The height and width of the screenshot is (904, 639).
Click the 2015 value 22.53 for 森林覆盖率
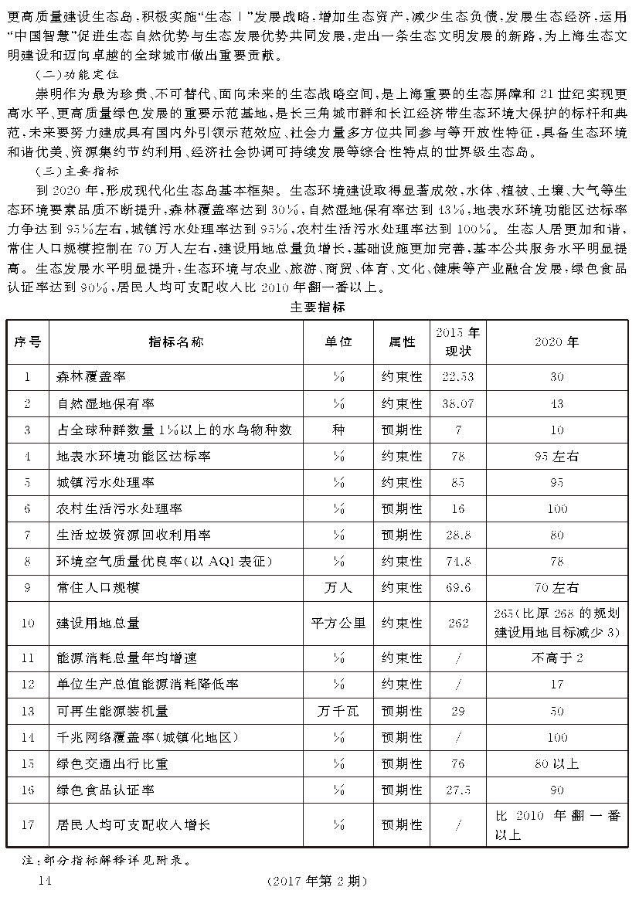coord(457,377)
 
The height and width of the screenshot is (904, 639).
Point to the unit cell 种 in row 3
coord(338,430)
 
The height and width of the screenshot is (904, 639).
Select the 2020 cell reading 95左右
coord(556,456)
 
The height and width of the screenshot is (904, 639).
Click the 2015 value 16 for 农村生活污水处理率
coord(457,508)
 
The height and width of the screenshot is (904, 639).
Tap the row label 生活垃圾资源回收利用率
coord(134,535)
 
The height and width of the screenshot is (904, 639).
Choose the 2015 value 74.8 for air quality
coord(457,561)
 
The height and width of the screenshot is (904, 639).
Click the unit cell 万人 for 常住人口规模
coord(338,588)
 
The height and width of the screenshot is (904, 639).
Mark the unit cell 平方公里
coord(338,623)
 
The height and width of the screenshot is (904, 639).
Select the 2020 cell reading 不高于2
coord(556,658)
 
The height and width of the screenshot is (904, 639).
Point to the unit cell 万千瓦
coord(338,711)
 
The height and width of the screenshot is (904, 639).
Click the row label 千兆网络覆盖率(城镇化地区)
coord(144,737)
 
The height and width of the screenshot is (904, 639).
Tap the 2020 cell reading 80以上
coord(556,763)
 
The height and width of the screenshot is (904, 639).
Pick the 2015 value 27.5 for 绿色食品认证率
coord(457,790)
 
